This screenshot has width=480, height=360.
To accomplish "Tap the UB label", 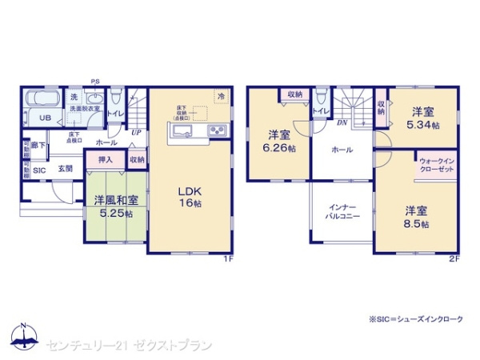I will [x=46, y=117].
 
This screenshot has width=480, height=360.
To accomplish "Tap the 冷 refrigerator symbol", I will [x=220, y=96].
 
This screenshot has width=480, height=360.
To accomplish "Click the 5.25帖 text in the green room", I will [x=114, y=214].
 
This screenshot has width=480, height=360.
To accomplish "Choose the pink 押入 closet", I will [x=105, y=160].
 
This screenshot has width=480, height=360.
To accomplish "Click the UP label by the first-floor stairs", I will [x=135, y=132].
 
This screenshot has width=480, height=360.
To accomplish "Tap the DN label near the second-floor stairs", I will [x=342, y=122].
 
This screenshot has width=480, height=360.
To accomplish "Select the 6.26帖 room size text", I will [x=278, y=147].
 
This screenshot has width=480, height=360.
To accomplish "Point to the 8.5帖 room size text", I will [x=415, y=224].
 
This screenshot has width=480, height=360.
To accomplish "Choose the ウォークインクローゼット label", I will [x=437, y=166].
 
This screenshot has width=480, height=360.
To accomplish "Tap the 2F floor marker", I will [x=453, y=258].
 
